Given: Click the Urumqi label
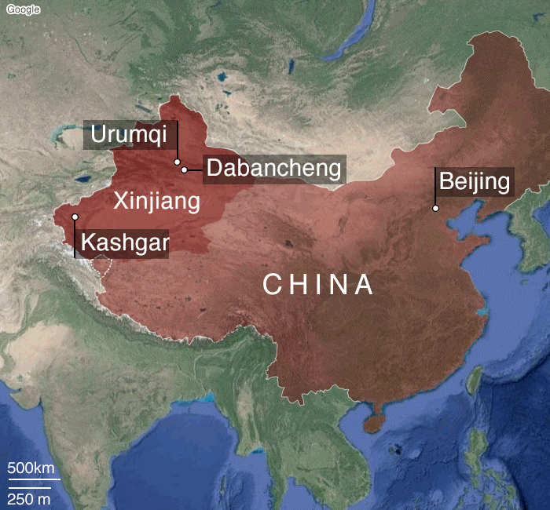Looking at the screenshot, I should tap(129, 135).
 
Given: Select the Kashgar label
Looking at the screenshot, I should tap(125, 243).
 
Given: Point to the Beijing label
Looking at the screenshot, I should tap(475, 182).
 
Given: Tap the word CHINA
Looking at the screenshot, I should tap(317, 284).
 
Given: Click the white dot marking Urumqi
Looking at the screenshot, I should tap(178, 162).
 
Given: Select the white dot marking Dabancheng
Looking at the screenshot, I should tap(185, 169).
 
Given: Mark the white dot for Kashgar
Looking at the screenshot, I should tap(75, 217).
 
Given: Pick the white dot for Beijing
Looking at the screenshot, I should tap(435, 208).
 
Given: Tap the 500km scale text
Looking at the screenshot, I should tap(34, 468).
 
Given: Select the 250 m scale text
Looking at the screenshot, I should tap(29, 499).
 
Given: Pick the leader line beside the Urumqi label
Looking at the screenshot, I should tap(178, 141).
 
